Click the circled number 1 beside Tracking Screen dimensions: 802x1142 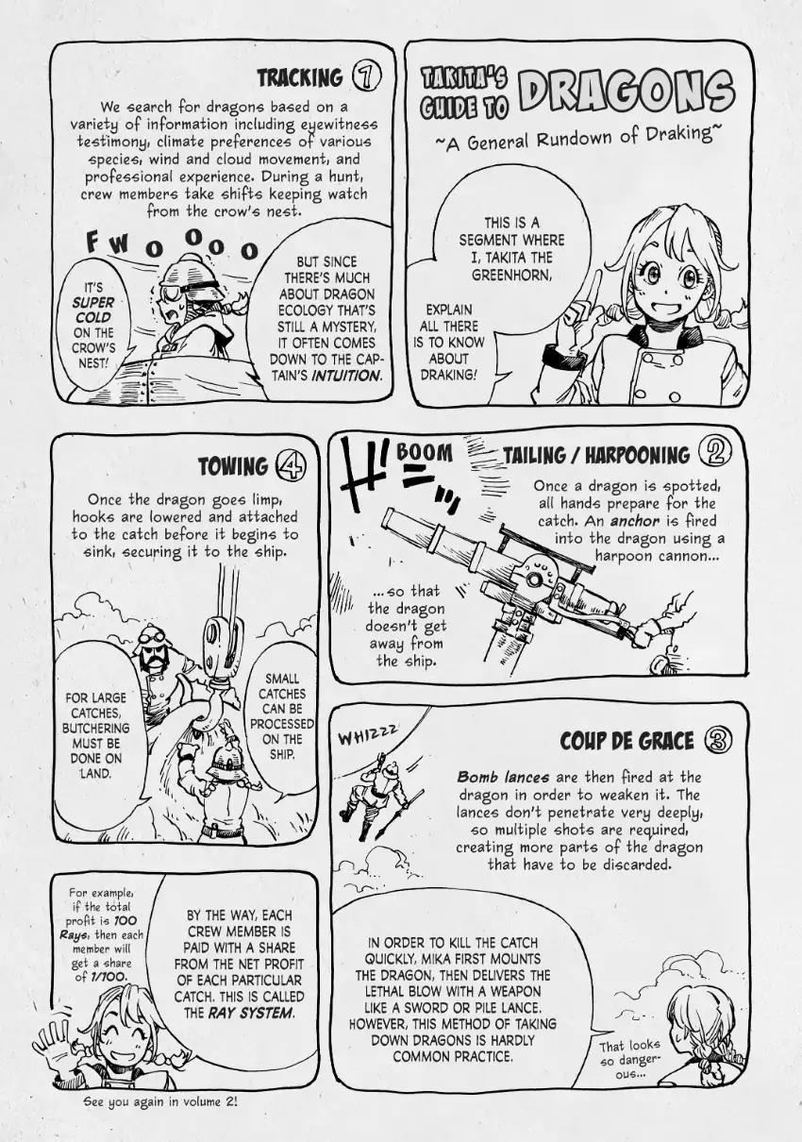pos(367,77)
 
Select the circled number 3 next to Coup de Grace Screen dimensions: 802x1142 pos(718,741)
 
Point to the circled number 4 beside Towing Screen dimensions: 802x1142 pos(290,464)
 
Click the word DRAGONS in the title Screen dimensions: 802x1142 pos(627,94)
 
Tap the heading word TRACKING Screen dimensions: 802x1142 pos(300,78)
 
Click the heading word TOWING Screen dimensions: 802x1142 pos(233,466)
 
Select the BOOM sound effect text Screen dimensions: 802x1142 pos(424,452)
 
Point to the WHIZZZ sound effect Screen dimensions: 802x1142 pos(367,734)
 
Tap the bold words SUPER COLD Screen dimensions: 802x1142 pos(92,310)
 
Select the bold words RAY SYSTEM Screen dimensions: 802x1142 pos(250,1013)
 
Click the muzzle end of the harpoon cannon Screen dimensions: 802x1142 pos(390,516)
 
